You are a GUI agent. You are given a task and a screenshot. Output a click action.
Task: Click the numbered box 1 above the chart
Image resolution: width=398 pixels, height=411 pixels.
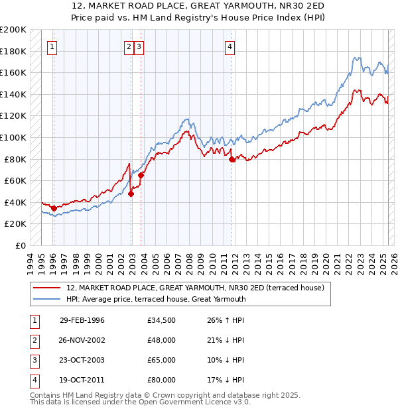click(x=52, y=46)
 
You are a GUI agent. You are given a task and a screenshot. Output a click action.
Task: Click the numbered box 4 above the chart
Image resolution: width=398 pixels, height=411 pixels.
click(x=230, y=46)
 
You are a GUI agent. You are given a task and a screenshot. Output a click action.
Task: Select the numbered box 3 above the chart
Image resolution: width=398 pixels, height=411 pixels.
click(x=139, y=46)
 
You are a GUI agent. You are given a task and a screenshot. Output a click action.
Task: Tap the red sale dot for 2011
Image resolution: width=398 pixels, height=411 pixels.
click(x=232, y=159)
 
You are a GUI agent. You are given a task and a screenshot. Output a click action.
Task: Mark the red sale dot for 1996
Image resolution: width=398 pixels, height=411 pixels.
click(x=54, y=208)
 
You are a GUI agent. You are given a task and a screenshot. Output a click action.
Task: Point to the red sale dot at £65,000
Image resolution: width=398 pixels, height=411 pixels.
click(x=141, y=175)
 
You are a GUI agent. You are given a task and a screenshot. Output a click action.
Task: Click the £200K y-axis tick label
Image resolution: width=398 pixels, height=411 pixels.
click(x=13, y=30)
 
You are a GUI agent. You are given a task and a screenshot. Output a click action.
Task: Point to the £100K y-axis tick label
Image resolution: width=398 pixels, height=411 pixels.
click(x=13, y=137)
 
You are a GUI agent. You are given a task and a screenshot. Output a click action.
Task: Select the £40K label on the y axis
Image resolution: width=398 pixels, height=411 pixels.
click(x=16, y=202)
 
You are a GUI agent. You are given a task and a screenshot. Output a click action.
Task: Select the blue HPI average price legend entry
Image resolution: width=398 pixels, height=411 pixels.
click(x=156, y=299)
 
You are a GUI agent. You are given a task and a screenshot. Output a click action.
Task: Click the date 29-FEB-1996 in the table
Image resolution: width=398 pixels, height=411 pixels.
click(x=82, y=320)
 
